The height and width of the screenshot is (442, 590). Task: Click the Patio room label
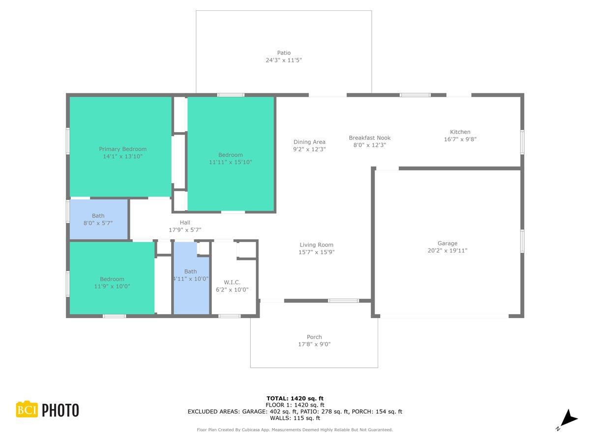tap(284, 53)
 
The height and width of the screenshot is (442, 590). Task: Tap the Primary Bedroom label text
tap(122, 149)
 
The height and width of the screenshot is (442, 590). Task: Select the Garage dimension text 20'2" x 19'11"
tap(447, 250)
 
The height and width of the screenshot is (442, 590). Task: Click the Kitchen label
tap(460, 132)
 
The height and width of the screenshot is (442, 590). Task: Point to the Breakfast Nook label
tap(369, 138)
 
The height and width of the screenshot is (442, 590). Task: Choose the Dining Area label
tap(309, 142)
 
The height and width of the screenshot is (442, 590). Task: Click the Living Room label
tap(316, 245)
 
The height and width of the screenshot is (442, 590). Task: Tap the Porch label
tap(314, 337)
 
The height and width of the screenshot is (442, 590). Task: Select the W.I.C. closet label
tap(232, 282)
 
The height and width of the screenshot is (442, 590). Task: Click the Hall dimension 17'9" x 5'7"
tap(185, 230)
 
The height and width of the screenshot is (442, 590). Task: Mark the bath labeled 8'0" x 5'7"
tap(98, 219)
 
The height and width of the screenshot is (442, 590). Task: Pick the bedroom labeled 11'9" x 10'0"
tap(112, 282)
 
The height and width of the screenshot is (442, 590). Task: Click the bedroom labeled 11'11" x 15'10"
tap(230, 158)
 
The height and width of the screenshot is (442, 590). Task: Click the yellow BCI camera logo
tap(27, 410)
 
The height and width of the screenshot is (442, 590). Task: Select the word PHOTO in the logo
tap(60, 410)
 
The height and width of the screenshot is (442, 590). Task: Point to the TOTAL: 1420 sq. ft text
tap(295, 398)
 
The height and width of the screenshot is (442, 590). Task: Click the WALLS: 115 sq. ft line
tap(295, 418)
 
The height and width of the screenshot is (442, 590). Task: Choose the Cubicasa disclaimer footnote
tap(295, 430)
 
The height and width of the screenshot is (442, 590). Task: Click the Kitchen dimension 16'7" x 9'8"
tap(460, 139)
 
